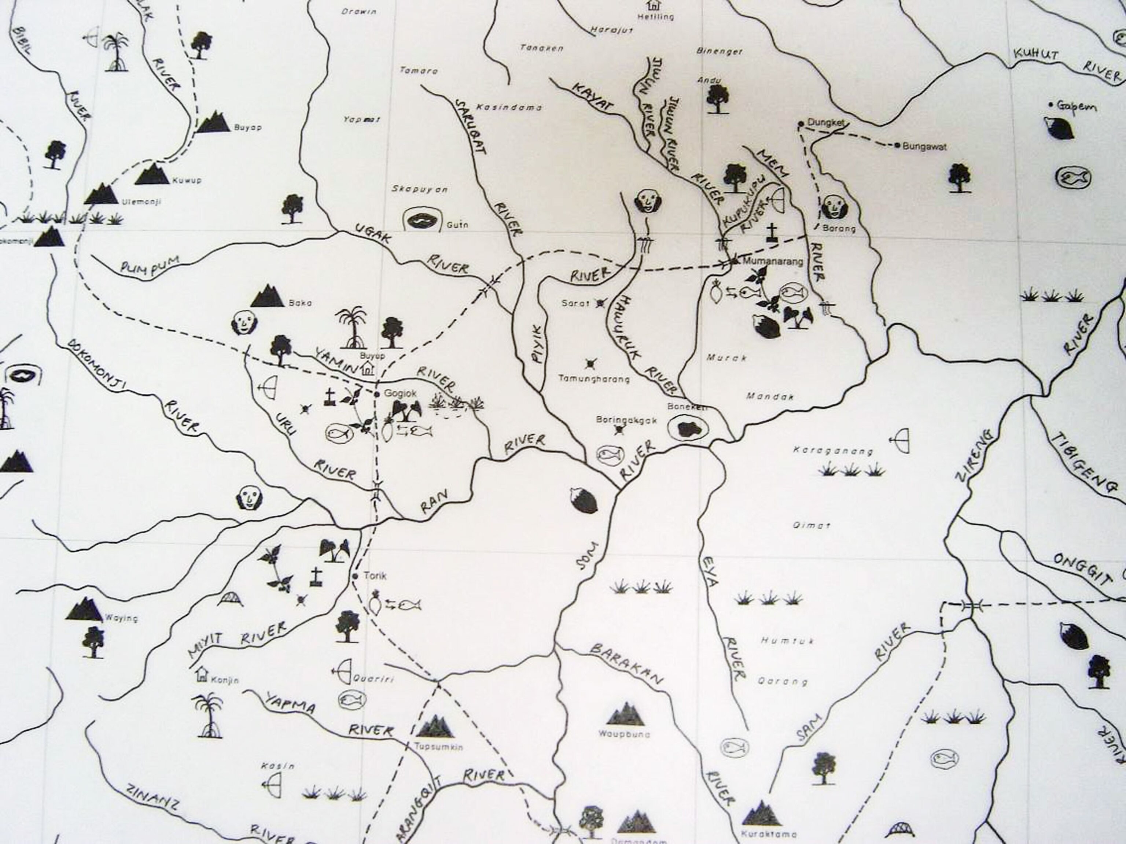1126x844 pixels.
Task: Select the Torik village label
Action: pos(375,576)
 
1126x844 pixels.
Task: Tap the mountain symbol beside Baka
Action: pos(266,297)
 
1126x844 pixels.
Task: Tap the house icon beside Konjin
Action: pos(202,674)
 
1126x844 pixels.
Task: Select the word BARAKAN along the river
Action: pos(627,665)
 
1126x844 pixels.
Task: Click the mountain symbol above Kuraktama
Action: pos(761,813)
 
